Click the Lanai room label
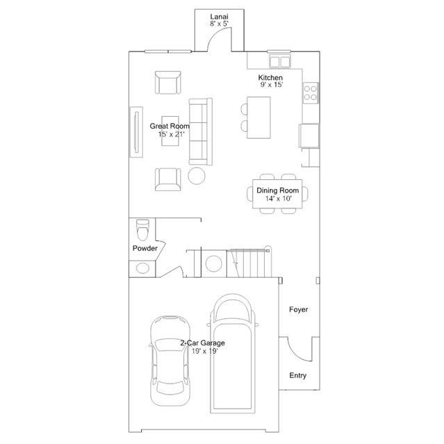(219, 17)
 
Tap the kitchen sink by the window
(280, 62)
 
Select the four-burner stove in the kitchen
(311, 93)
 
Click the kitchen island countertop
(258, 117)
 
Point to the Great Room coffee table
(170, 131)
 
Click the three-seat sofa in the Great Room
(201, 131)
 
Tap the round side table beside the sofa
(197, 176)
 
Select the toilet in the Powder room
(142, 230)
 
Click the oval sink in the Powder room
(142, 268)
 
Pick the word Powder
(145, 248)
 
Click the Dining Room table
(277, 194)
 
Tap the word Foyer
(299, 309)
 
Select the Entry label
(298, 375)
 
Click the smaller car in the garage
(170, 361)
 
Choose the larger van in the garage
(233, 353)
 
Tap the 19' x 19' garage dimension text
(204, 351)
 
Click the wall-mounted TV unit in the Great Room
(136, 132)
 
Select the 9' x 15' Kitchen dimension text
(272, 85)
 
